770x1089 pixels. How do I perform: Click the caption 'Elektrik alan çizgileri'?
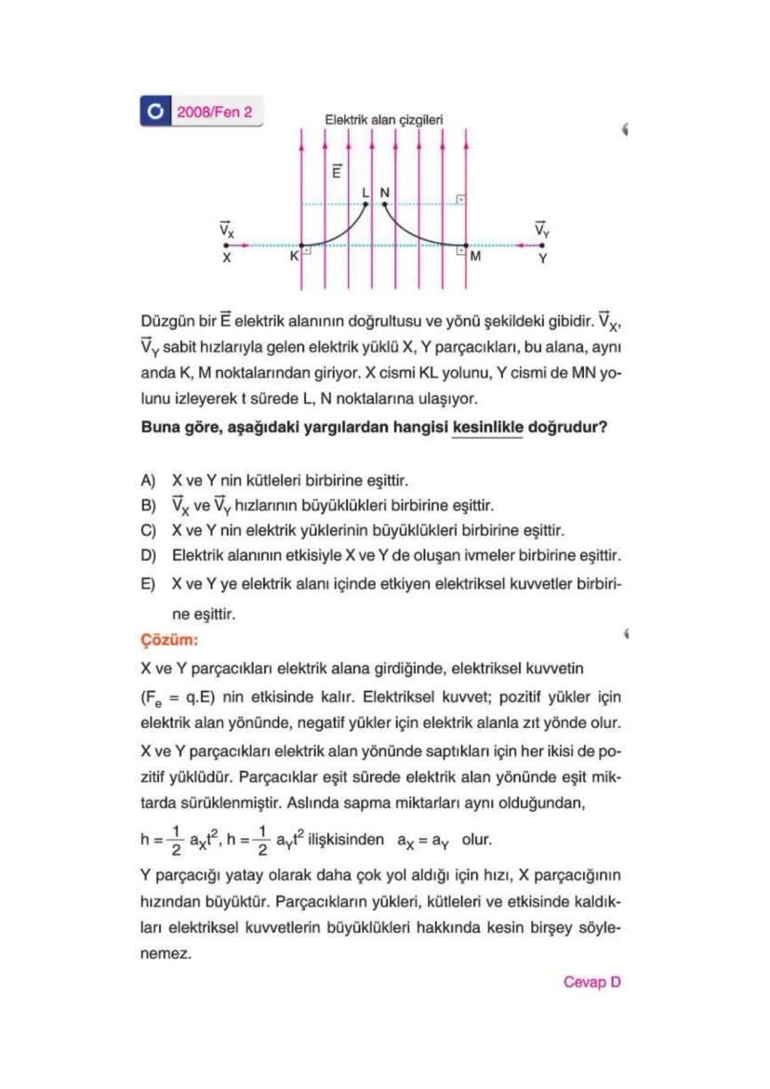[x=383, y=120]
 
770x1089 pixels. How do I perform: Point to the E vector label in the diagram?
[x=338, y=172]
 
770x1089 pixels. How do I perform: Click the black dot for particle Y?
[x=543, y=246]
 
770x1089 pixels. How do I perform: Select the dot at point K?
[x=301, y=246]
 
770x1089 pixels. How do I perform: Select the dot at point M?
[x=466, y=246]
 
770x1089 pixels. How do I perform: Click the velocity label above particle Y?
[x=543, y=227]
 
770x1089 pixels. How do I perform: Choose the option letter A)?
[x=146, y=482]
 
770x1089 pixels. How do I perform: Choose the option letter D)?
[x=146, y=555]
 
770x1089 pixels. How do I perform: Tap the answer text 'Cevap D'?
[x=591, y=981]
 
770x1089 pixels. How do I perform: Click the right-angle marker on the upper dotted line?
[x=459, y=200]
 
